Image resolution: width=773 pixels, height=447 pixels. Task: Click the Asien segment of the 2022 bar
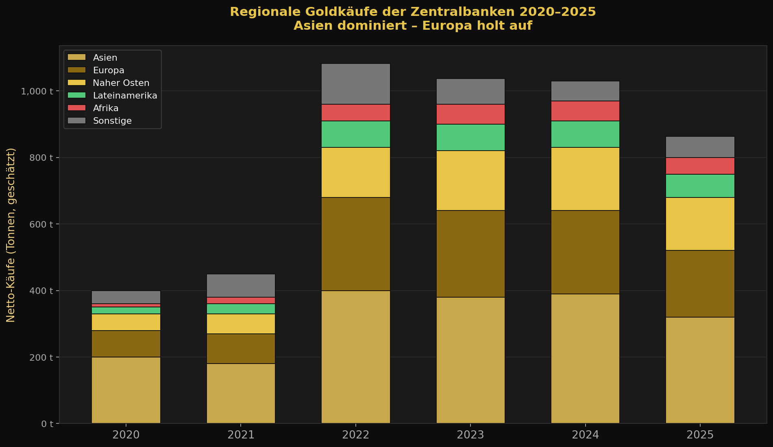tap(356, 357)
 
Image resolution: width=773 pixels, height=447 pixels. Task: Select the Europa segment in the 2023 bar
tap(470, 254)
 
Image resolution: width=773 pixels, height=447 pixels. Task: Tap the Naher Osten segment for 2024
tap(585, 179)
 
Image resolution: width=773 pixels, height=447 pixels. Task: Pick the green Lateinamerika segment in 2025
tap(700, 186)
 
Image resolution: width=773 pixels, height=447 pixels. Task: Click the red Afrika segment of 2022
tap(356, 112)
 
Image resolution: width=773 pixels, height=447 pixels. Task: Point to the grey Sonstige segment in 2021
tap(241, 285)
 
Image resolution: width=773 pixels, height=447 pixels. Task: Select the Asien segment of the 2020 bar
tap(126, 390)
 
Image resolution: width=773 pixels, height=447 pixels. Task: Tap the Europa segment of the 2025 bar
tap(700, 283)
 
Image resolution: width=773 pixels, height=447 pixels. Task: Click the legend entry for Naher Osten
tap(121, 83)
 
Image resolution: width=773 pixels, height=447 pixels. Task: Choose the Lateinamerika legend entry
tap(125, 95)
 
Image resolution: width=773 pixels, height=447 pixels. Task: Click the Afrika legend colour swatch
tap(77, 108)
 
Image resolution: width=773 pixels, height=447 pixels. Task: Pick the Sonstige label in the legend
tap(112, 121)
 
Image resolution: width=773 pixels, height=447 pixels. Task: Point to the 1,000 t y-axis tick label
tap(37, 91)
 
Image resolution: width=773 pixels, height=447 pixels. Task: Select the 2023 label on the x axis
tap(470, 435)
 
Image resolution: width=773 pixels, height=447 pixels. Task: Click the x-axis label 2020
tap(126, 435)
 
